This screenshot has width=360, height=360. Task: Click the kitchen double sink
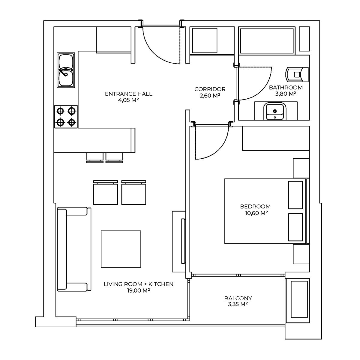(x=66, y=70)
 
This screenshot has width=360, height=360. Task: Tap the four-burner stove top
(x=66, y=117)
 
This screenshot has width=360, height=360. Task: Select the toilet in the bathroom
(x=297, y=74)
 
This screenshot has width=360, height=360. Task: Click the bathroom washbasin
(x=274, y=111)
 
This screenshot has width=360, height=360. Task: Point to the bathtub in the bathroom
(x=267, y=41)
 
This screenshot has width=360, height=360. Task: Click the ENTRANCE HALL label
(x=128, y=94)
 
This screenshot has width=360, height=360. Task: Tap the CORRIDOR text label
(x=210, y=89)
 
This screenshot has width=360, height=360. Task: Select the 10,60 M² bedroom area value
(x=256, y=213)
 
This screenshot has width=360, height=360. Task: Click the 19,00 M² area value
(x=139, y=290)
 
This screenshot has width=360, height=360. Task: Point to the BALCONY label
(x=238, y=298)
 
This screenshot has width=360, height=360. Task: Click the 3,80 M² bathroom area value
(x=286, y=94)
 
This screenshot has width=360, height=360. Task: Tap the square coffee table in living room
(x=121, y=249)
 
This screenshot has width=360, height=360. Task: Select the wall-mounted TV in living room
(x=183, y=241)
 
